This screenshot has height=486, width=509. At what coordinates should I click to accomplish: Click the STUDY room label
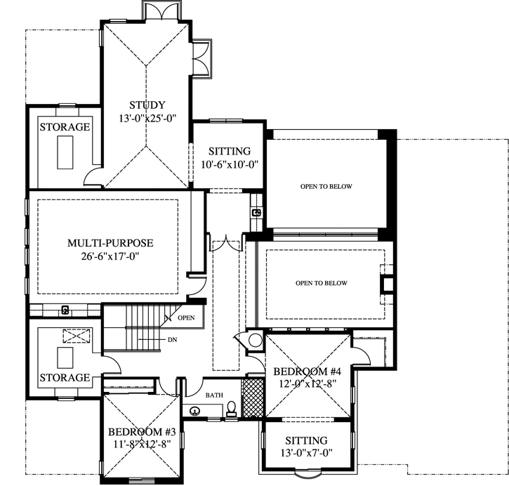tap(146, 105)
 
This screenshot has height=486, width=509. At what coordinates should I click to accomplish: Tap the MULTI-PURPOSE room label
tap(110, 243)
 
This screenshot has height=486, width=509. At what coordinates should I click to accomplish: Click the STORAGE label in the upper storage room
tap(65, 127)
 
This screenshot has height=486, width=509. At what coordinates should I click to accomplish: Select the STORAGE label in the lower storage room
tap(65, 378)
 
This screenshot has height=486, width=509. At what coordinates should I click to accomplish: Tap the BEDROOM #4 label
tap(307, 371)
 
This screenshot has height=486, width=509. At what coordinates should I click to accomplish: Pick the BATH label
tap(213, 396)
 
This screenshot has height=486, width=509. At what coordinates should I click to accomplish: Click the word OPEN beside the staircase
tap(186, 317)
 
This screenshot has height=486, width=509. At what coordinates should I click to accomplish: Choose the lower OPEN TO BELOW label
tap(322, 283)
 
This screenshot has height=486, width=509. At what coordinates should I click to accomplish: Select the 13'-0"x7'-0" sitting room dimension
tap(307, 453)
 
